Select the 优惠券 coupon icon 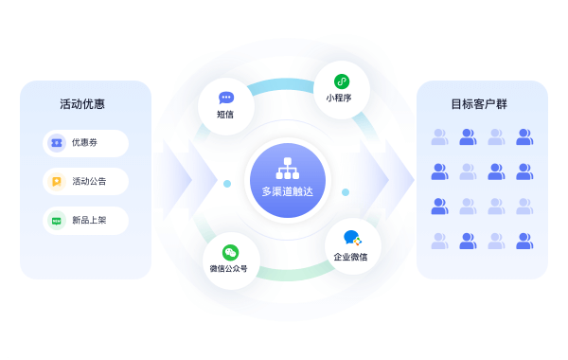56,143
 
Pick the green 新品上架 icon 56,221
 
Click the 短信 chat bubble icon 225,98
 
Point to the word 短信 225,116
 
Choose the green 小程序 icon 341,81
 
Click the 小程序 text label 341,99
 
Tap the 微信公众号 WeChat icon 230,252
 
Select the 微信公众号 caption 230,269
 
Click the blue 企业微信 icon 351,239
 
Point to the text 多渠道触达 287,191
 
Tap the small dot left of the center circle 227,183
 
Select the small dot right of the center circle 346,192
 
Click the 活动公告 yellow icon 56,182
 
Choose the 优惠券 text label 84,143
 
